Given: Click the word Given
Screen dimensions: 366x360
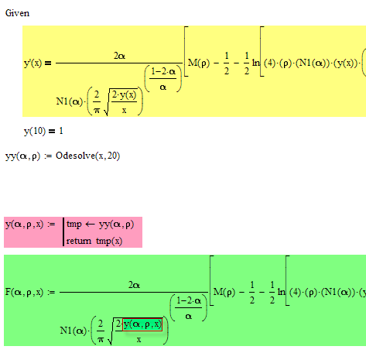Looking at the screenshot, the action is click(x=17, y=13).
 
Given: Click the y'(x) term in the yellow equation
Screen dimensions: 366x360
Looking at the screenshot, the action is click(x=32, y=63).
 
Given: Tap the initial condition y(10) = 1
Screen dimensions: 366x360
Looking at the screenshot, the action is click(x=43, y=131).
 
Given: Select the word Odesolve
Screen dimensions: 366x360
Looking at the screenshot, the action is click(x=75, y=156).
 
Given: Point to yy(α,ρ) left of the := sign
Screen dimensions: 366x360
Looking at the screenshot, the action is click(x=22, y=156).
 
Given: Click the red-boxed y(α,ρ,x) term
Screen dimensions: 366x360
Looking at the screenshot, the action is click(x=142, y=324).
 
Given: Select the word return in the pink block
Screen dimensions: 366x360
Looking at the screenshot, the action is click(x=79, y=241).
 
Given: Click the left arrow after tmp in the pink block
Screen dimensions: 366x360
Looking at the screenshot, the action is click(x=90, y=225).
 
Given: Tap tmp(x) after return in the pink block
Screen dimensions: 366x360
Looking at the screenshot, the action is click(x=109, y=241).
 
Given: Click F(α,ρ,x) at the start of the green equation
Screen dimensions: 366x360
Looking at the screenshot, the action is click(x=24, y=292).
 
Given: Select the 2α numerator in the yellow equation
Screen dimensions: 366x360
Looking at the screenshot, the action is click(x=119, y=56).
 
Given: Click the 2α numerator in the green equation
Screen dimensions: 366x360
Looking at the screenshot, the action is click(x=134, y=285).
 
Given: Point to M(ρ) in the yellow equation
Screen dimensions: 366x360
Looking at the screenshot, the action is click(x=199, y=63).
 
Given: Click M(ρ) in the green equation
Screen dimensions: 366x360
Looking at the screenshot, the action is click(x=224, y=292).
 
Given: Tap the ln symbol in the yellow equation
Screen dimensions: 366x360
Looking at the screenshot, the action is click(x=255, y=63).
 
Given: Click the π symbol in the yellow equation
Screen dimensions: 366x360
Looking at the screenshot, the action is click(x=97, y=111).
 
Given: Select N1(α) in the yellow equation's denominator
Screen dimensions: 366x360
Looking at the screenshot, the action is click(x=69, y=101).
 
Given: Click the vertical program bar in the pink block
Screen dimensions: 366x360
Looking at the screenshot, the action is click(x=63, y=232).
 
